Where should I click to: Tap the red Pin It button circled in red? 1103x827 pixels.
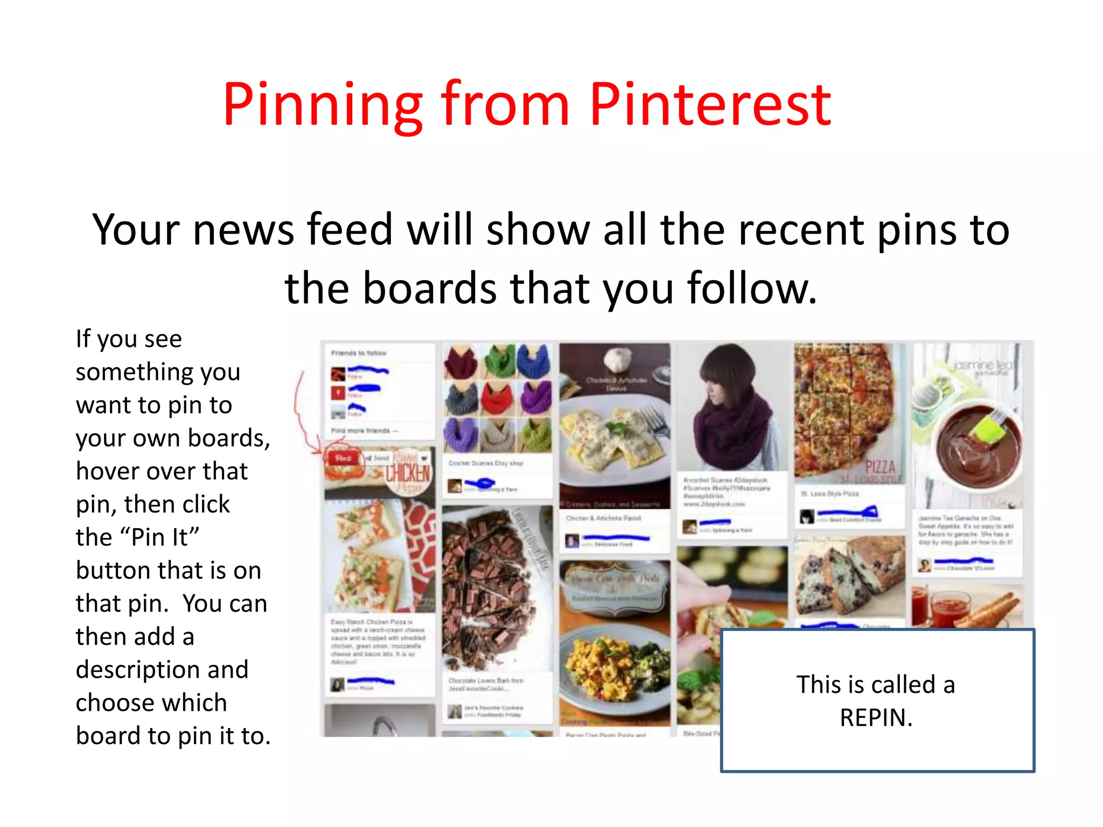343,458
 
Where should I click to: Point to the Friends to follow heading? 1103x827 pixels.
359,353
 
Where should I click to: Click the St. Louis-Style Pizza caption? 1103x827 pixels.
830,493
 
